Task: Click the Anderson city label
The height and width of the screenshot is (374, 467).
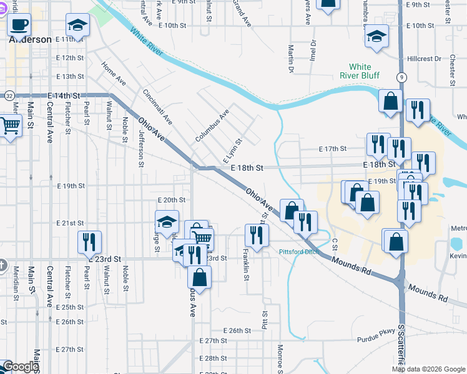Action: (30, 39)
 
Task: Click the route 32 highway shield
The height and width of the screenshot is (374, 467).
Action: (9, 96)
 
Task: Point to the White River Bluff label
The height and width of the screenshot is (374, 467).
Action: (360, 71)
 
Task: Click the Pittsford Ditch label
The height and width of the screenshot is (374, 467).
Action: (299, 252)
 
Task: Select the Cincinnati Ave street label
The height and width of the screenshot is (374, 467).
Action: (157, 106)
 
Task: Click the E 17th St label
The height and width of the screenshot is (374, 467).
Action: (332, 149)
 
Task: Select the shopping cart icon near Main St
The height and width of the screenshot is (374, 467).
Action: (9, 127)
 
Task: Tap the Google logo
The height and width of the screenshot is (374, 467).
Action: (21, 367)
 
